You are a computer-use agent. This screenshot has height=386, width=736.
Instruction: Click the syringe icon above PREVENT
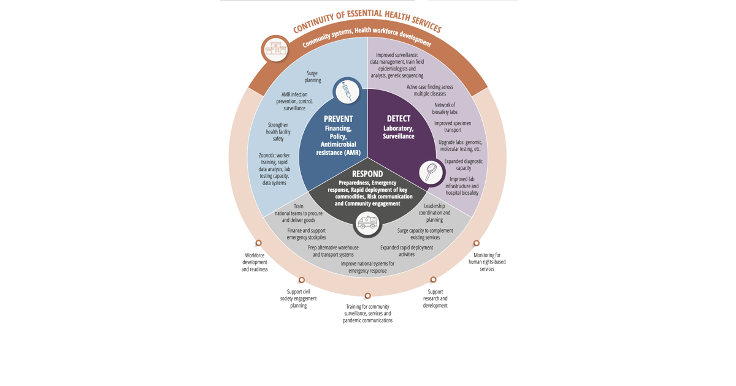[347, 91]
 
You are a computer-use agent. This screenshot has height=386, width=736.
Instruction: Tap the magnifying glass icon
[431, 172]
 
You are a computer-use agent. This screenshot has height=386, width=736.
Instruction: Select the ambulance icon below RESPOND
[367, 223]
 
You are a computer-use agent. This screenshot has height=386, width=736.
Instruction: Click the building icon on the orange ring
[276, 50]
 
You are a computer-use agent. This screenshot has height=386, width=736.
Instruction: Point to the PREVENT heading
[338, 119]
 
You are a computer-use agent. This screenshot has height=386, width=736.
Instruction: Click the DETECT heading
[399, 118]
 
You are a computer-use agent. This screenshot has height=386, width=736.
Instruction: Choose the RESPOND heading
[367, 174]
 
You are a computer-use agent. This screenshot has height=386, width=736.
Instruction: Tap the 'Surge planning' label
[312, 77]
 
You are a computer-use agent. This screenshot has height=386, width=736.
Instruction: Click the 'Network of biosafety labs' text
[445, 108]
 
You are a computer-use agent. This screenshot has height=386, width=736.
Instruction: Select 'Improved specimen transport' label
[453, 126]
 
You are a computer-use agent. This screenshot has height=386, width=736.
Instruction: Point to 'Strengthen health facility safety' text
[278, 132]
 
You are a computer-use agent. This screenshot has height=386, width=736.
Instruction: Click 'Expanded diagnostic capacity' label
[463, 164]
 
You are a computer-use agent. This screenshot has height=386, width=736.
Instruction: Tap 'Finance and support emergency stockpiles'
[306, 233]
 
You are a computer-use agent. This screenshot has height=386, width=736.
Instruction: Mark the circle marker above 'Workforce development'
[259, 243]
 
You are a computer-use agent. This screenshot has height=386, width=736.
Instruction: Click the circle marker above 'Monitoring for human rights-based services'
[477, 243]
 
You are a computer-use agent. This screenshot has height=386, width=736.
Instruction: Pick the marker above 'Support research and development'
[434, 279]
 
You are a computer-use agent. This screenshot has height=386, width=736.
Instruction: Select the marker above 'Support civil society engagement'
[302, 280]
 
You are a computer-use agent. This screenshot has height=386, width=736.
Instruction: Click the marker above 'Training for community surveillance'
[367, 296]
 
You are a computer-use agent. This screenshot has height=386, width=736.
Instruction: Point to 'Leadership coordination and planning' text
[434, 213]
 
